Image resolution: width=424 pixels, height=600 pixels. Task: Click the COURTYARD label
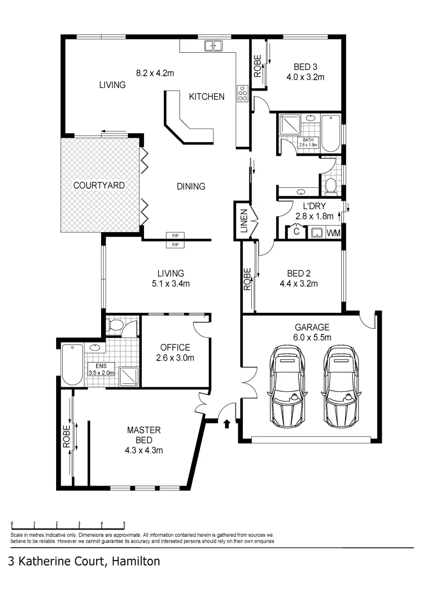99,185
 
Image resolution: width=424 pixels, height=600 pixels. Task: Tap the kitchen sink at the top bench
213,46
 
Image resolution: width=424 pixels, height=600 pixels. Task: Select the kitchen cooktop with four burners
242,93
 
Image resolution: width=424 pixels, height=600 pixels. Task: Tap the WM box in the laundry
333,233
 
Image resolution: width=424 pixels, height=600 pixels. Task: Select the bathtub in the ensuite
72,365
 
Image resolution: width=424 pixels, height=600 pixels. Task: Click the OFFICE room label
175,347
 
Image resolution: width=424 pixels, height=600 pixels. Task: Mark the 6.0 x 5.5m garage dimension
312,337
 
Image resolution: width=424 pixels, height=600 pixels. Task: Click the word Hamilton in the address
136,562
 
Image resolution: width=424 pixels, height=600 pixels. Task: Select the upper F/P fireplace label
175,236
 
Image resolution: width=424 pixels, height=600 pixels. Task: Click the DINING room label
191,186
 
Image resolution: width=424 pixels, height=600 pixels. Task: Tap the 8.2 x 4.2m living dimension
156,72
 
